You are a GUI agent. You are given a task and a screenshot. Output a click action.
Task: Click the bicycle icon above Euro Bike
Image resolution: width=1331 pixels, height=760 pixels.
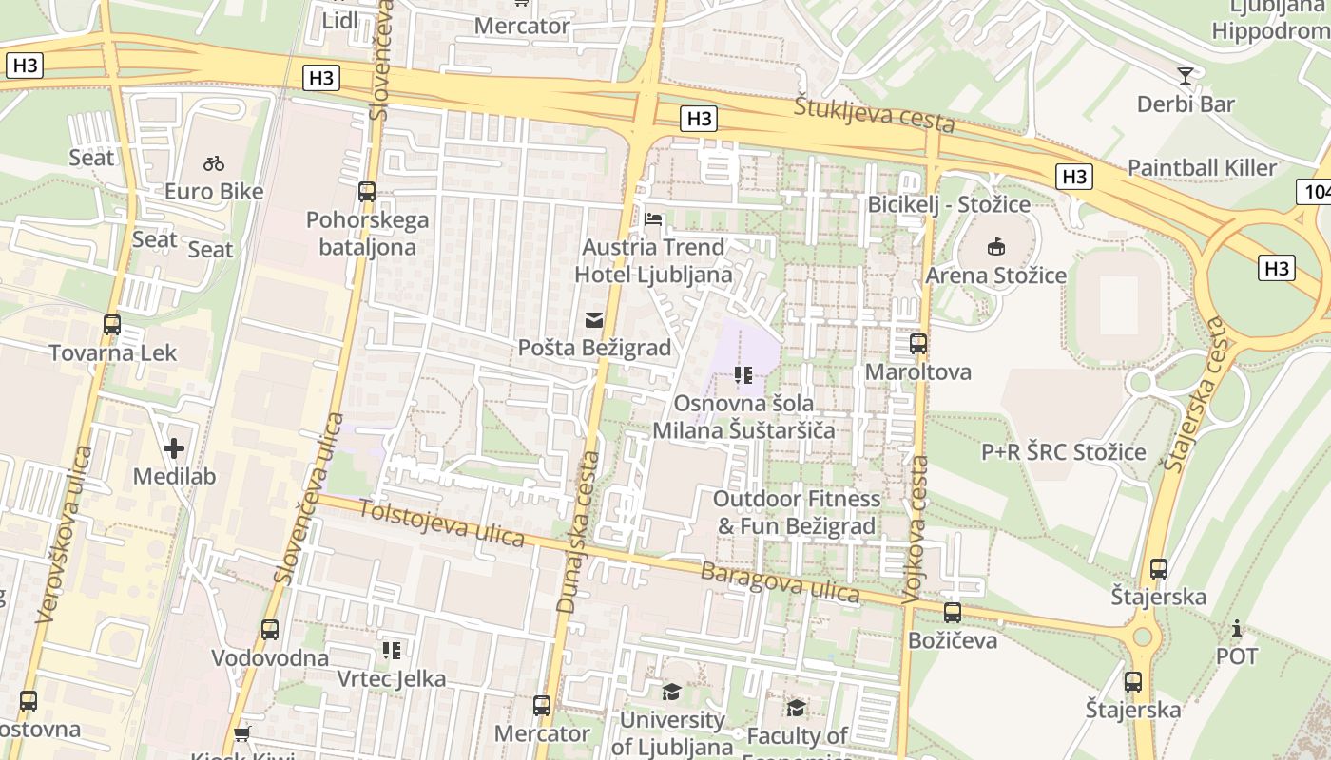pyautogui.click(x=214, y=163)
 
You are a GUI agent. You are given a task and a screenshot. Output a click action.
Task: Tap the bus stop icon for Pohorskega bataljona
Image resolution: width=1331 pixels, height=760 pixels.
pyautogui.click(x=367, y=192)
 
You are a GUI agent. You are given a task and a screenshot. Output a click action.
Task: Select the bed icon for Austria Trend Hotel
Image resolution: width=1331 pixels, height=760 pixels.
pyautogui.click(x=653, y=219)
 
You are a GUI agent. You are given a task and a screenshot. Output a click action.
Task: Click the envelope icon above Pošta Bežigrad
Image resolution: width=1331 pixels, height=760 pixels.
pyautogui.click(x=594, y=320)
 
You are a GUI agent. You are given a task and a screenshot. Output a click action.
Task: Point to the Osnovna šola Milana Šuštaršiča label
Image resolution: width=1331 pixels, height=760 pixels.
pyautogui.click(x=743, y=416)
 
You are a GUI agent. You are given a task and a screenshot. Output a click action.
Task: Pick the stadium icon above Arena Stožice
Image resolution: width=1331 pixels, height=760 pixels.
pyautogui.click(x=995, y=247)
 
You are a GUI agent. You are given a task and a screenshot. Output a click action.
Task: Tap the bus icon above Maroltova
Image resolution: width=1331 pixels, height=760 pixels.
pyautogui.click(x=918, y=344)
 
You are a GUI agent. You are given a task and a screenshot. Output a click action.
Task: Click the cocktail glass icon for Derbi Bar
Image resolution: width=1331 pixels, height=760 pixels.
pyautogui.click(x=1185, y=76)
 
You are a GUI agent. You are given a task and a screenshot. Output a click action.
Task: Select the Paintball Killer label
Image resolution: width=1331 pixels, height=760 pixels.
pyautogui.click(x=1202, y=168)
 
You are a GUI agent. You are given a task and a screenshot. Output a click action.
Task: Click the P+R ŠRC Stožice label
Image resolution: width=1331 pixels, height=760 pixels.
pyautogui.click(x=1063, y=452)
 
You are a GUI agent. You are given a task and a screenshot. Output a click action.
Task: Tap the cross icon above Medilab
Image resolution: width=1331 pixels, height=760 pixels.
pyautogui.click(x=174, y=447)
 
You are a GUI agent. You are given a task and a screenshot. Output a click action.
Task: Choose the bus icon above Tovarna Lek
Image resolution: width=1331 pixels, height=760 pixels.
pyautogui.click(x=112, y=325)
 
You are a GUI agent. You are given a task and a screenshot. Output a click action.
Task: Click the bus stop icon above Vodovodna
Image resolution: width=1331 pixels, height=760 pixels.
pyautogui.click(x=270, y=630)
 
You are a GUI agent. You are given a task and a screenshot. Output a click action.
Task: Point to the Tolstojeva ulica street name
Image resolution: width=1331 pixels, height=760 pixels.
pyautogui.click(x=441, y=522)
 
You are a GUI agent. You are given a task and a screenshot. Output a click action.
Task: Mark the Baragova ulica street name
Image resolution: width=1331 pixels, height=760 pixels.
pyautogui.click(x=780, y=582)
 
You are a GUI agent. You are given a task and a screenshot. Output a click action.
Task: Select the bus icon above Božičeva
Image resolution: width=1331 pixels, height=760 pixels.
pyautogui.click(x=953, y=613)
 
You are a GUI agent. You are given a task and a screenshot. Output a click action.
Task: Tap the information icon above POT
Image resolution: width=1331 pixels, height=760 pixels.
pyautogui.click(x=1237, y=628)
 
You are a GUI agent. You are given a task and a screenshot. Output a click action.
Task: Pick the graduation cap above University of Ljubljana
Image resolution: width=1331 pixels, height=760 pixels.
pyautogui.click(x=671, y=691)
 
